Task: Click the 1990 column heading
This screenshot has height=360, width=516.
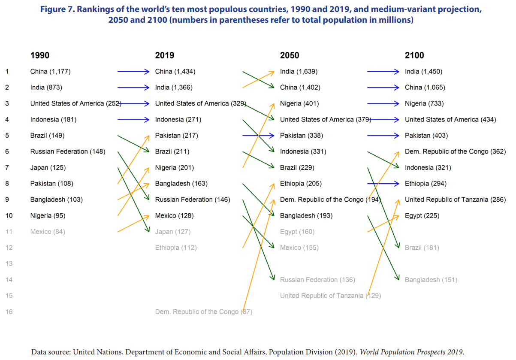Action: point(40,55)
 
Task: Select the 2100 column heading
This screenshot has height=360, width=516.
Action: point(414,55)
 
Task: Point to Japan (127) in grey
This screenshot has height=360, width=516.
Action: point(173,232)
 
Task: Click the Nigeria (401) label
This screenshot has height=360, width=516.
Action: point(299,103)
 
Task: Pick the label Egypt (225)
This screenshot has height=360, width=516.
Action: point(422,216)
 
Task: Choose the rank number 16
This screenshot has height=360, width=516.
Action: point(9,312)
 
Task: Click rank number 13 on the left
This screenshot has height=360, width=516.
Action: point(9,264)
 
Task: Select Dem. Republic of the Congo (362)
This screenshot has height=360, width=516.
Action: point(455,151)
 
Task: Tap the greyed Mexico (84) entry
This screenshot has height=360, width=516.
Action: point(48,232)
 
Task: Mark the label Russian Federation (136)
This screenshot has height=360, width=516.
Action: point(317,280)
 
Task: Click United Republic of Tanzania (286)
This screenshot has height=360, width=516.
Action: point(455,200)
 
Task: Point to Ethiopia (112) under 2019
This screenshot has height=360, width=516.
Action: point(176,248)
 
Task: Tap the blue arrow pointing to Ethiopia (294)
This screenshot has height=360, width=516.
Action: point(383,184)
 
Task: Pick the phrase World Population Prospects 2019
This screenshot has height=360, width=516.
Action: point(411,352)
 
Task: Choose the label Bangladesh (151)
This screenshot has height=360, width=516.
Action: point(431,280)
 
